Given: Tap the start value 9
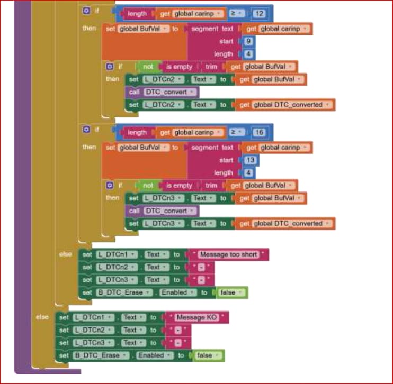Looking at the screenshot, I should coord(248,41).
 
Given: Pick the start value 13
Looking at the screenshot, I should coord(249,160).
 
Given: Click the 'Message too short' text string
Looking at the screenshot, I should coord(228,254).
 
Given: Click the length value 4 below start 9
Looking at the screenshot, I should coord(248,54).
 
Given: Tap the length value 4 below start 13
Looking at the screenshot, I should coord(248,173).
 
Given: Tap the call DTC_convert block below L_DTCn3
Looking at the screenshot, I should coord(163,211).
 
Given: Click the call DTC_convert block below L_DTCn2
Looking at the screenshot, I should coord(163,92).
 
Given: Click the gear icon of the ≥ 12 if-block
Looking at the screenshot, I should coord(86,11).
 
